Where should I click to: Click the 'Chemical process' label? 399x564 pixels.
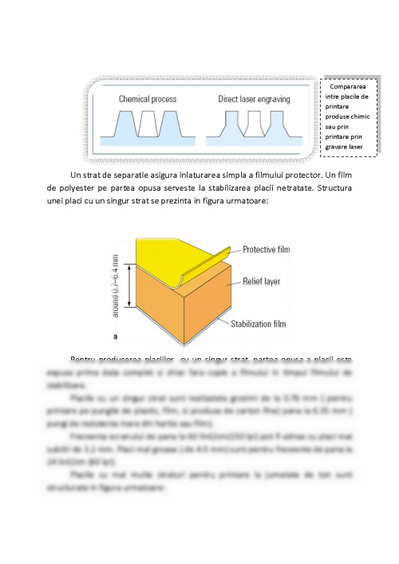[148, 100]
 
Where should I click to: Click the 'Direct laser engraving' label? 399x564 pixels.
[254, 100]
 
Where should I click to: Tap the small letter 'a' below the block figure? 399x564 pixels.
[117, 337]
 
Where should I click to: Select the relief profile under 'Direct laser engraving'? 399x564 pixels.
[253, 126]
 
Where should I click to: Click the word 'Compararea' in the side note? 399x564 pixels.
[352, 87]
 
